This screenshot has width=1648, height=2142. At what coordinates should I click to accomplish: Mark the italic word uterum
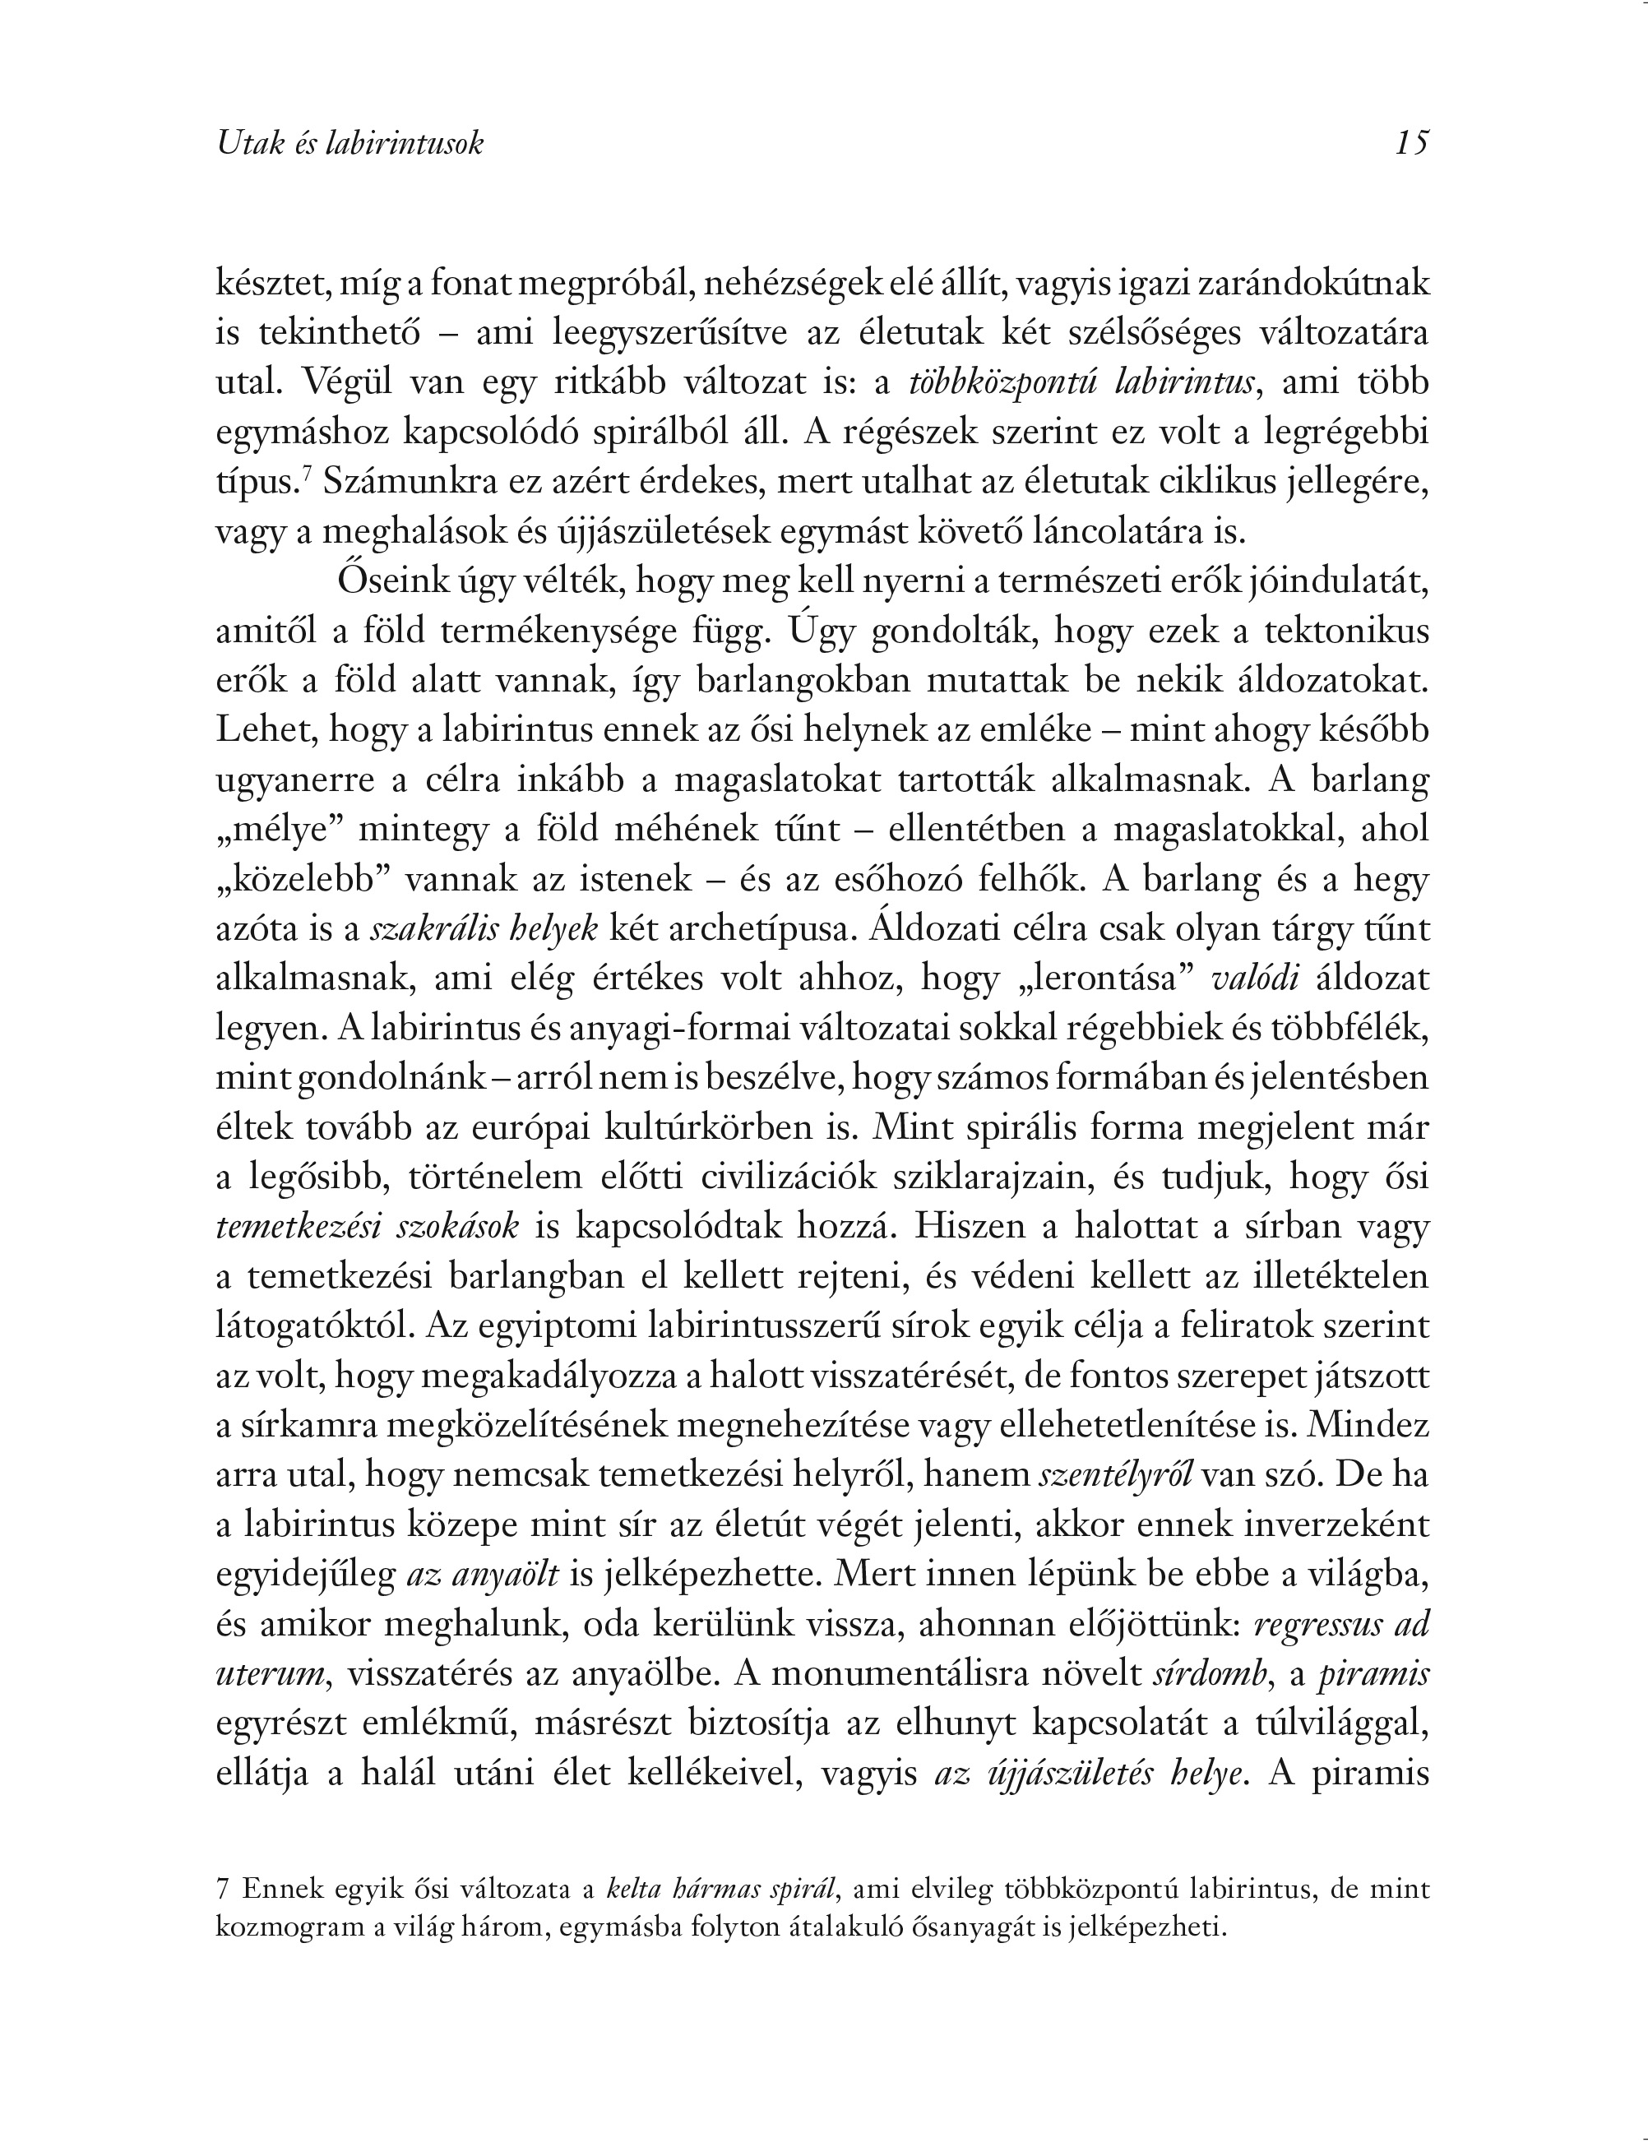[269, 1674]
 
